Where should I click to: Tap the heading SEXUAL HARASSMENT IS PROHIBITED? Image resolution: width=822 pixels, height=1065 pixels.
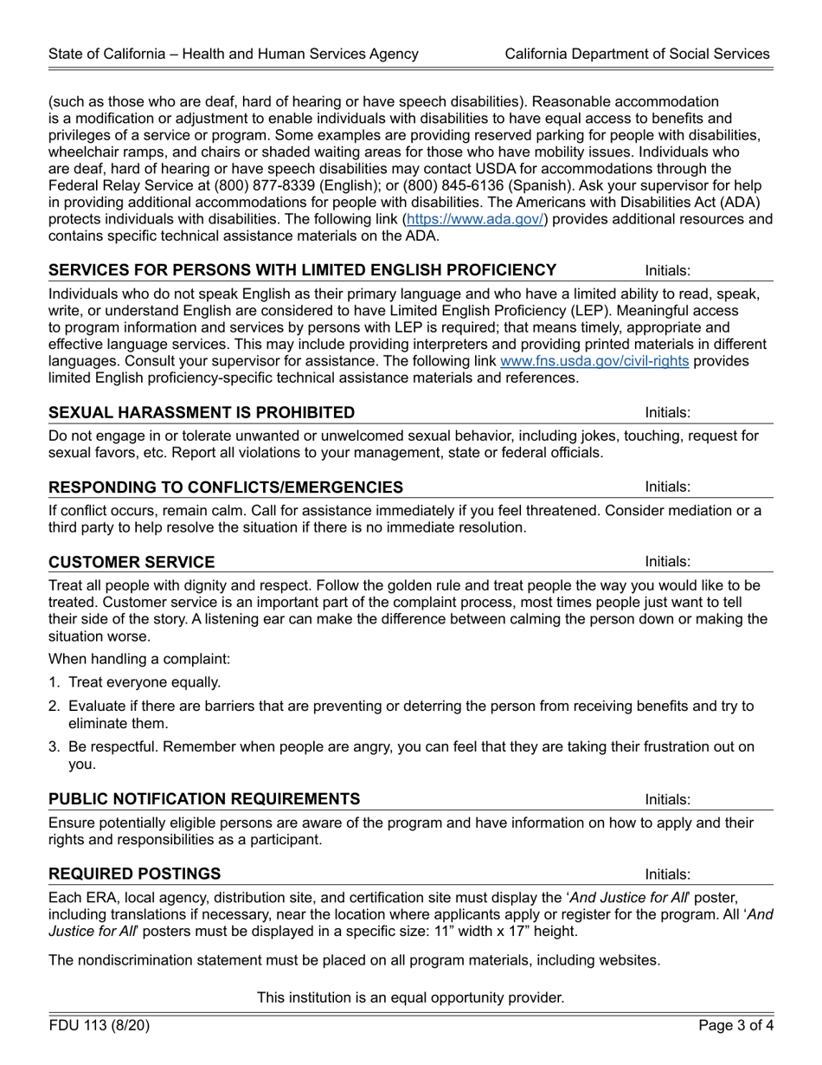pos(202,412)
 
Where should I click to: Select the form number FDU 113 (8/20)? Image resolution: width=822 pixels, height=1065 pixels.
pos(100,1026)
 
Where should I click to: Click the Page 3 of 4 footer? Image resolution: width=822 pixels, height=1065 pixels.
pos(736,1026)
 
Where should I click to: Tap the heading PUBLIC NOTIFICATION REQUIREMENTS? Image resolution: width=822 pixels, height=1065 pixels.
pos(204,798)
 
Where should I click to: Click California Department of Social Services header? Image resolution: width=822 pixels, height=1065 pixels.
pos(637,54)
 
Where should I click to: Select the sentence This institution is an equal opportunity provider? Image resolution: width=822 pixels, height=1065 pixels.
pos(410,997)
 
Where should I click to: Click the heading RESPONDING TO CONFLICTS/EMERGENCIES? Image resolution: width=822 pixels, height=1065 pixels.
pos(226,487)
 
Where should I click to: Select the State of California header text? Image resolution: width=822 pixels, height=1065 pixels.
pos(234,54)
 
